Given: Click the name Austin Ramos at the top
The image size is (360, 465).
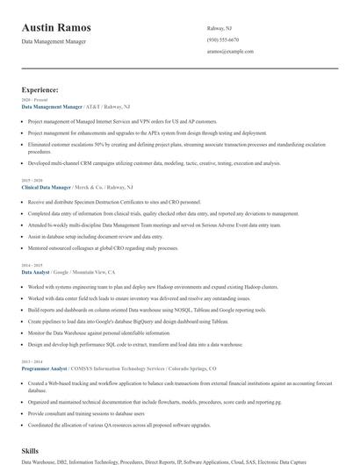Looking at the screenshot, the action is coord(56,27).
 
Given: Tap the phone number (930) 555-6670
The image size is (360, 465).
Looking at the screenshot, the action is coord(223,39).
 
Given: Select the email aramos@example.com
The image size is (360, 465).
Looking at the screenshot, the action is coord(230,52).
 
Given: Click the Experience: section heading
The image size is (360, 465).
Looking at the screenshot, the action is coord(40,89).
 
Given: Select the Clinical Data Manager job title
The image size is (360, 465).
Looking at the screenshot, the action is coord(46,187).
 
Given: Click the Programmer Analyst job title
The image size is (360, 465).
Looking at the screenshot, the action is coord(46,369).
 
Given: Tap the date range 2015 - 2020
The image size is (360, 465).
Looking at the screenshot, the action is coord(31,180).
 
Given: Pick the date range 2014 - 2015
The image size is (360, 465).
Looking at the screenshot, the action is coord(31,265).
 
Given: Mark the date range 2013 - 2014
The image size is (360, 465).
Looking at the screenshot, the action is coord(31,362).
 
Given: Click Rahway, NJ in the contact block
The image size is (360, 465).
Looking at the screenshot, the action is coord(219,27).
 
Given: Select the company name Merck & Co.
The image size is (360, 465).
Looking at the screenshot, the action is coord(90,187).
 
